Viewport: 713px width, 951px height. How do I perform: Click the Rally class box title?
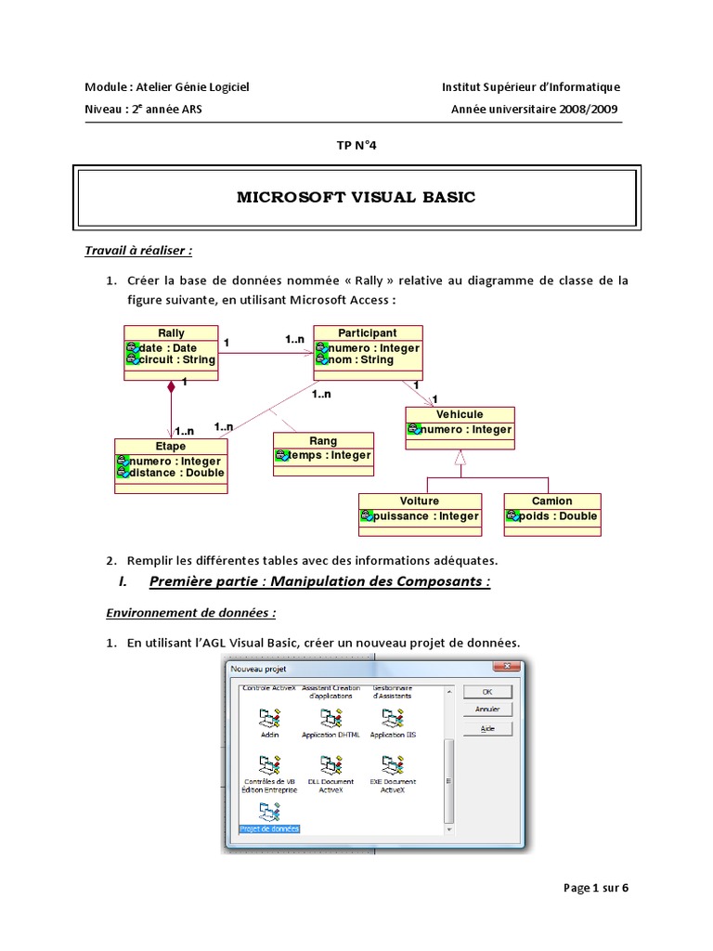pos(172,332)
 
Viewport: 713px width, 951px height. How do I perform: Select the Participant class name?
pos(368,332)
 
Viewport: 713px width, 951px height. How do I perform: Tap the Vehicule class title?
pos(460,414)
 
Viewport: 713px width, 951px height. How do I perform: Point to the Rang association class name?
pos(323,440)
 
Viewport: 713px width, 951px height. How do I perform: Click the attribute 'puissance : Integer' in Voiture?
pos(426,516)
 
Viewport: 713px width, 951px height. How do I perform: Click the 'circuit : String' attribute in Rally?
pos(176,359)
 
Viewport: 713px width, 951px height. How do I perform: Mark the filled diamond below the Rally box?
pos(171,387)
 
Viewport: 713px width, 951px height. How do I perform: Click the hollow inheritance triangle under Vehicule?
pos(460,457)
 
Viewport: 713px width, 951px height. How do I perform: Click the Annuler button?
pos(487,710)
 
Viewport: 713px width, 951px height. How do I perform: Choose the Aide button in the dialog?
pos(487,729)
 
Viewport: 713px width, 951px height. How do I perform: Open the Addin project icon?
pos(269,721)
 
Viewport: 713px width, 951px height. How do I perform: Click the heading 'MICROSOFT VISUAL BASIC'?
pos(356,198)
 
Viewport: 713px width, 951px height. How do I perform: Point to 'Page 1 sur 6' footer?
pos(596,888)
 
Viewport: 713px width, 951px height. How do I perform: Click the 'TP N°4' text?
pos(356,145)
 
